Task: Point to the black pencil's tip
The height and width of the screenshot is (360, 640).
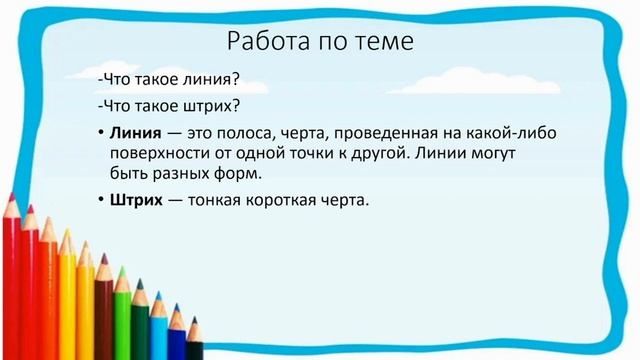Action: (194, 320)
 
